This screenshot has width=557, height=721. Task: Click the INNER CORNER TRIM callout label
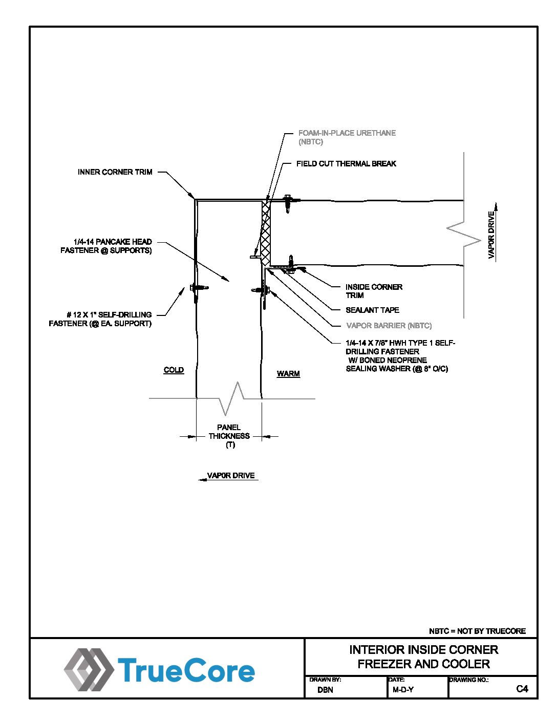pos(115,172)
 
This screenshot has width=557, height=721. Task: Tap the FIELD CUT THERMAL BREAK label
pos(346,164)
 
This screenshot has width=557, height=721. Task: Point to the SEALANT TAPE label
pos(372,310)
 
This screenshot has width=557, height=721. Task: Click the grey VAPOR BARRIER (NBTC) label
pos(389,326)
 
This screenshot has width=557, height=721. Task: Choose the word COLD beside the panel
pos(174,370)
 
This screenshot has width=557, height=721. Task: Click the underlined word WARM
pos(288,373)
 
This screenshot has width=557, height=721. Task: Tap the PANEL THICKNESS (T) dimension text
pos(229,436)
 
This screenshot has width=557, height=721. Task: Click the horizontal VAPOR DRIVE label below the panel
pos(231,475)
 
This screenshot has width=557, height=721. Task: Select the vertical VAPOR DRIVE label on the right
pos(491,235)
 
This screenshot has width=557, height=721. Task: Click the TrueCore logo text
pos(186,671)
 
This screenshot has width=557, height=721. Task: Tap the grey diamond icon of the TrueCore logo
pos(88,669)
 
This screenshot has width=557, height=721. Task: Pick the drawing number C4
pos(522,689)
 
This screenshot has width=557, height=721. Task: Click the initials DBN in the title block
pos(325,690)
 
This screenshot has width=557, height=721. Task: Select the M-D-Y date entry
pos(403,690)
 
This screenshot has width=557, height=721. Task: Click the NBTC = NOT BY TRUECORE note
pos(477,631)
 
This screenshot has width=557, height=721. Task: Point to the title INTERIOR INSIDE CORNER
pos(423,650)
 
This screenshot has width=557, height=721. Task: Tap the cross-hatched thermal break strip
pos(266,233)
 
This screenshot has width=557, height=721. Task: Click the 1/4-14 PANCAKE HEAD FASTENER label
pos(106,246)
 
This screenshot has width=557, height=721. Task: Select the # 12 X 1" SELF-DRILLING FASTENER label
pos(100,319)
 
